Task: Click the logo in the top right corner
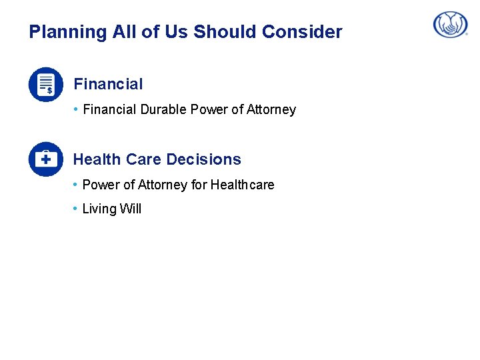click(451, 25)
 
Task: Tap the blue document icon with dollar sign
click(45, 85)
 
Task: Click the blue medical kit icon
click(45, 159)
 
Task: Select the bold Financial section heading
click(108, 84)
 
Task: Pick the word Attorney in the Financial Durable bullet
click(271, 109)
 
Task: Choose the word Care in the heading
click(143, 159)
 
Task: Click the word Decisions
click(204, 159)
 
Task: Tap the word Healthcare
click(242, 185)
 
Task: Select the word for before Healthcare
click(199, 185)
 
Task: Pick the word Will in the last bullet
click(131, 209)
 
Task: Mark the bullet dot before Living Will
click(76, 208)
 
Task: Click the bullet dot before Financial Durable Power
click(76, 109)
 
